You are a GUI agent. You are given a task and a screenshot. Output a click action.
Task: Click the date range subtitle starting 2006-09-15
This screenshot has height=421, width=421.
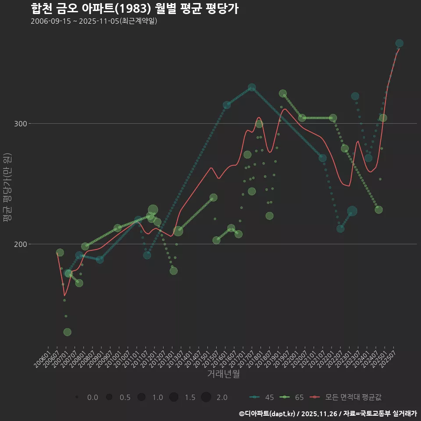click(x=94, y=21)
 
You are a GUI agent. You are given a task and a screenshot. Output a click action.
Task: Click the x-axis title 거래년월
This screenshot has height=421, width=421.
click(x=223, y=374)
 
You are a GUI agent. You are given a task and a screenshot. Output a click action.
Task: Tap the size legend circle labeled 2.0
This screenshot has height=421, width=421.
click(x=206, y=397)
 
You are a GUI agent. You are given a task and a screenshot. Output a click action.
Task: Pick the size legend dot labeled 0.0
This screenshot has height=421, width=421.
click(x=77, y=397)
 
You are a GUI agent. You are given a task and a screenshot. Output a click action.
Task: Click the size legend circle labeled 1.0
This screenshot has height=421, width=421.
click(x=141, y=397)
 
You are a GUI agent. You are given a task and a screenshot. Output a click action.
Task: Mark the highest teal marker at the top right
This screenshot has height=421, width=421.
click(x=399, y=43)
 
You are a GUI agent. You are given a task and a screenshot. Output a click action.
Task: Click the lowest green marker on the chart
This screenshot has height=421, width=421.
click(x=67, y=332)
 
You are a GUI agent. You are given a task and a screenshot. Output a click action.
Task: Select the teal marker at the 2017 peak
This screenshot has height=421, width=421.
click(x=252, y=88)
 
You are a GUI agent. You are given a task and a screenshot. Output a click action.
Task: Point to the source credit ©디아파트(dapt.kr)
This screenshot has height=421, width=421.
click(x=268, y=414)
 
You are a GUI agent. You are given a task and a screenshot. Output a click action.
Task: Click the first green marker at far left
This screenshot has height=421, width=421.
click(x=60, y=253)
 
